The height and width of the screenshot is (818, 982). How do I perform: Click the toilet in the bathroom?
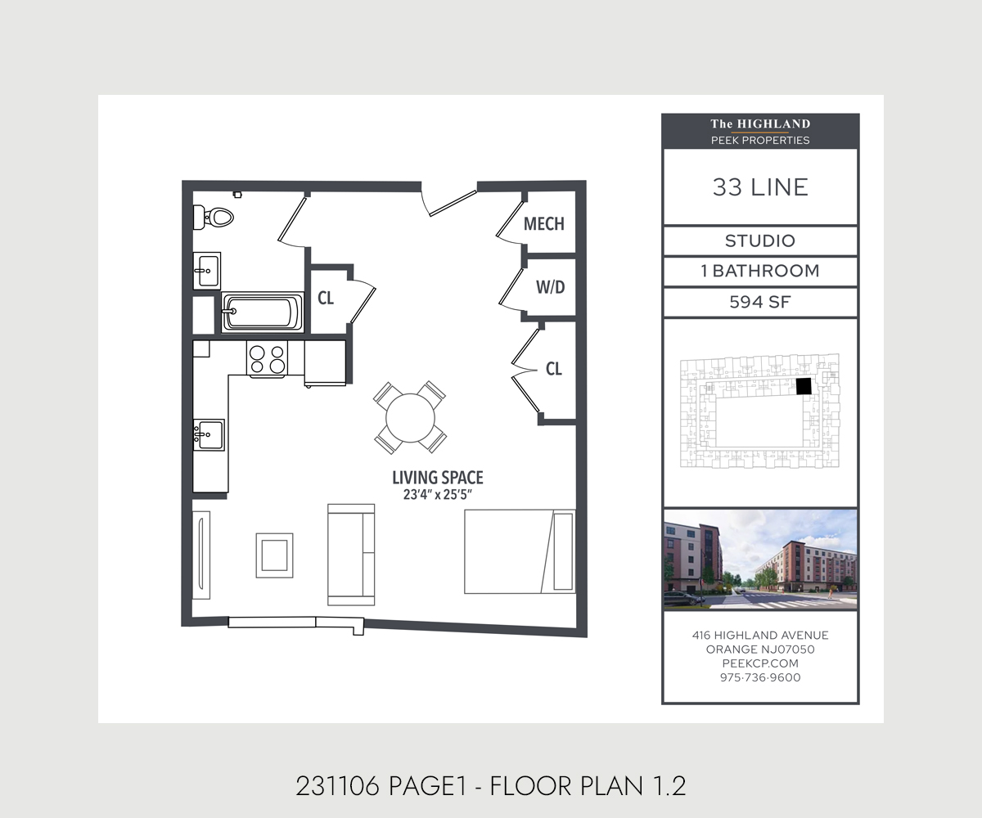[213, 218]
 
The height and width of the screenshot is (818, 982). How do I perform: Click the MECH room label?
[544, 224]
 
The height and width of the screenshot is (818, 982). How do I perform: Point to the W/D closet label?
[550, 287]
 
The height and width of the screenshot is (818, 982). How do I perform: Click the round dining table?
[410, 418]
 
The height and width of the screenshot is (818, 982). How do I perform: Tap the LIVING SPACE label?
[438, 478]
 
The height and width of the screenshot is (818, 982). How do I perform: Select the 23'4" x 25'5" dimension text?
[437, 495]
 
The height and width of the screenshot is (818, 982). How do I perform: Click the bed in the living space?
[520, 551]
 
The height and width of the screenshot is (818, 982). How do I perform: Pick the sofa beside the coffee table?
[351, 555]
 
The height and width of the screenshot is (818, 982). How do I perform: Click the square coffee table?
[275, 555]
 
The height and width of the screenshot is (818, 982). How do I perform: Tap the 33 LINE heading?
[760, 187]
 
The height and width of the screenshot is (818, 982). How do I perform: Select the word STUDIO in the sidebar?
[760, 240]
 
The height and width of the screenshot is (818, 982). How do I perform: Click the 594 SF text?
[760, 302]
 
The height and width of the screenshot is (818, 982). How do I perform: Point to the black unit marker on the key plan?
[804, 386]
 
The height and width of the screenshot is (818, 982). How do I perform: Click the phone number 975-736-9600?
[760, 677]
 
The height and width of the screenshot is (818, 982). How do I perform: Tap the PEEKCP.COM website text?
[760, 663]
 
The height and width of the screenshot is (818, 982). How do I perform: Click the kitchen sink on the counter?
[209, 435]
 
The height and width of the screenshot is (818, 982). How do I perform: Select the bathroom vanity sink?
[207, 271]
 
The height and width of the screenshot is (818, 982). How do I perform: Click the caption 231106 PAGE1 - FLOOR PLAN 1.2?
[491, 786]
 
